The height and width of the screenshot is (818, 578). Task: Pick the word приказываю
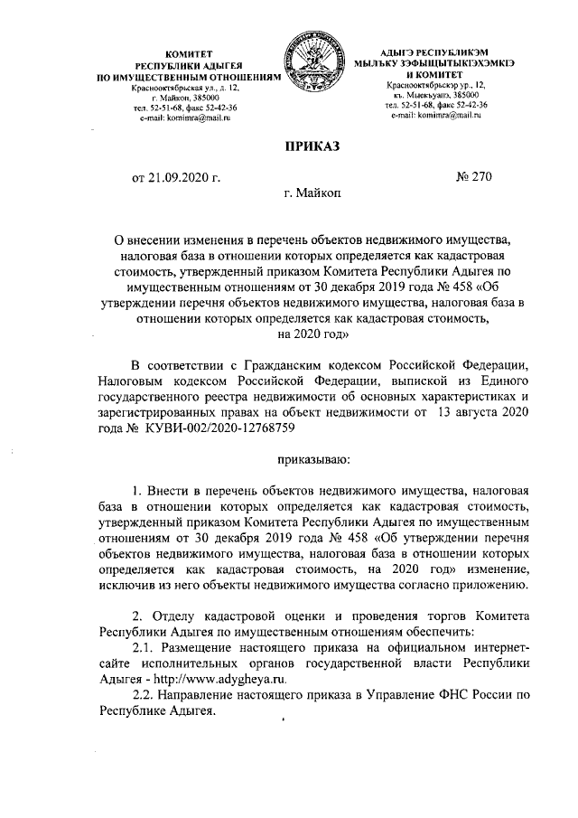[x=312, y=461]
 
